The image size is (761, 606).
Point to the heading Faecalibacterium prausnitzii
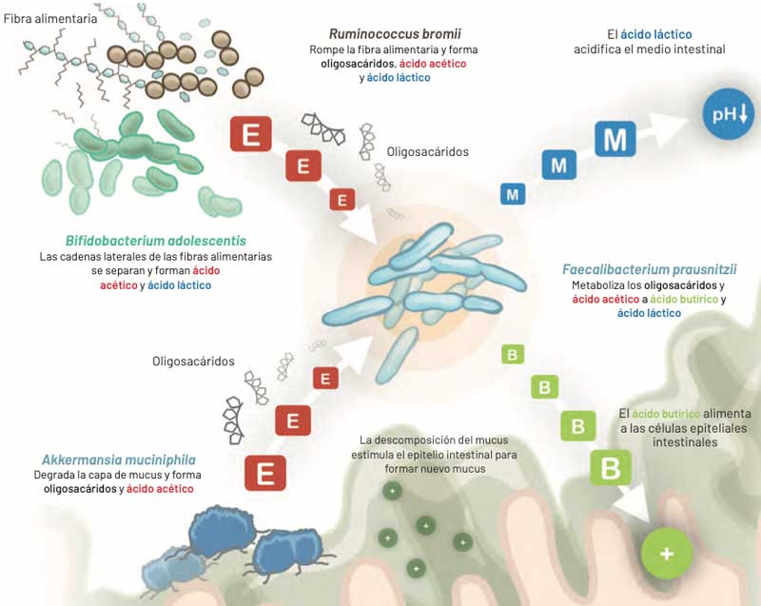click(x=649, y=268)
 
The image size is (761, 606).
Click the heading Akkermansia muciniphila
click(x=106, y=458)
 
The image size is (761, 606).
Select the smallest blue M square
click(x=514, y=194)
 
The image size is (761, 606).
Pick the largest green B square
click(x=610, y=467)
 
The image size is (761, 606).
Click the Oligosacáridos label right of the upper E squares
click(x=428, y=151)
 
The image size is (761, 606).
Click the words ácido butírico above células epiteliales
click(x=666, y=415)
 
